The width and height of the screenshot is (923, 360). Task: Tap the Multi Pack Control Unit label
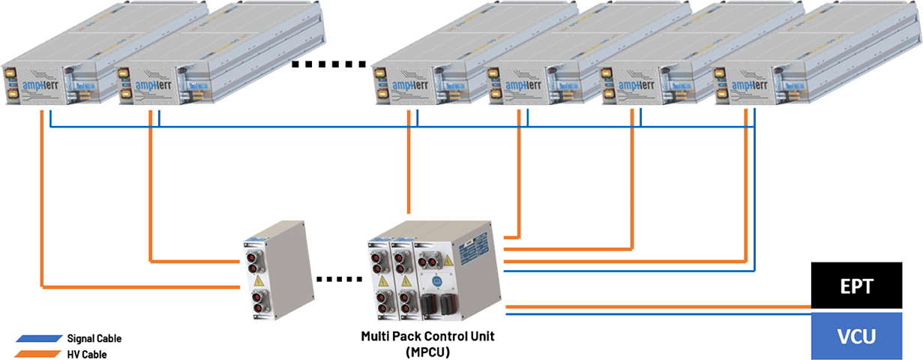pos(428,337)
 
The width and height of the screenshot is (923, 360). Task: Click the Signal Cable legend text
pos(94,338)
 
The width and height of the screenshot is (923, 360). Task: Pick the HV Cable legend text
pos(87,353)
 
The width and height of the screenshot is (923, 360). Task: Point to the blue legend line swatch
pos(38,339)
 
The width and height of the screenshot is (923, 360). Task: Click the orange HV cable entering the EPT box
pos(660,307)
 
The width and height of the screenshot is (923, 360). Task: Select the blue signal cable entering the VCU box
pos(660,314)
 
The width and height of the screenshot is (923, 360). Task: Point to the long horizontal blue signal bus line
pos(375,128)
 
